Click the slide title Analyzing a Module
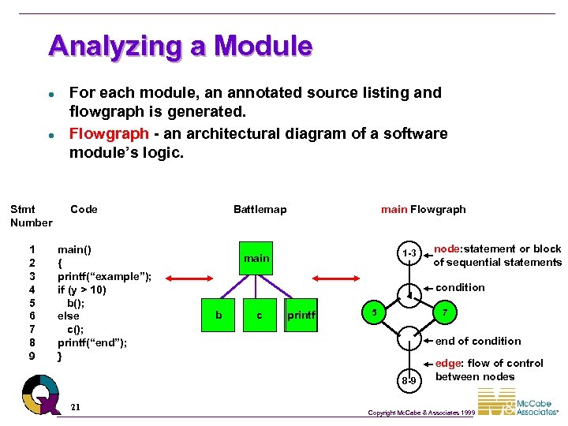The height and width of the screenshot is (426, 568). click(180, 46)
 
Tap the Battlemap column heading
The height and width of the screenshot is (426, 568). click(260, 209)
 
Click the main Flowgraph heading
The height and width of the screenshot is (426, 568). click(423, 209)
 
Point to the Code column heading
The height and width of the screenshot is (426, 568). click(84, 209)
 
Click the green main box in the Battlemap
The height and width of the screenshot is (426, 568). click(256, 258)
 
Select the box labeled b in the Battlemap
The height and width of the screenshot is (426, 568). click(219, 316)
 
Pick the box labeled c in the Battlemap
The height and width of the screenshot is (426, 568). click(260, 316)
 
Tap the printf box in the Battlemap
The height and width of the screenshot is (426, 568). click(301, 316)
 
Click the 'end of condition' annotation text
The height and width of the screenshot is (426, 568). click(478, 341)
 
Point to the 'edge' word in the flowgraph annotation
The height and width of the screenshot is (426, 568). click(448, 363)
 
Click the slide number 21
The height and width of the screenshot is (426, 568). click(74, 407)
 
